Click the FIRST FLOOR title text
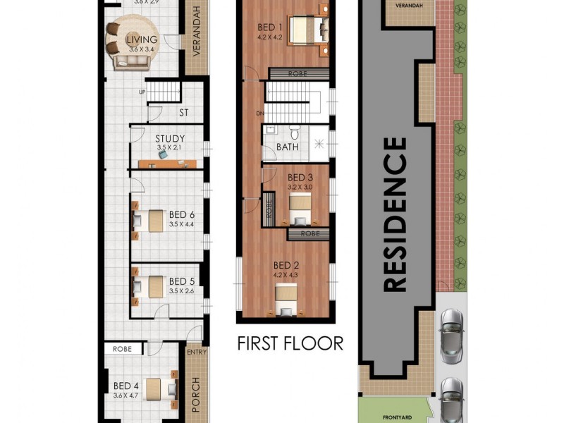(x=290, y=343)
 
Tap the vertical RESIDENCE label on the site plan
(x=396, y=214)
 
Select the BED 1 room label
(x=270, y=28)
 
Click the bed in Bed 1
(x=309, y=30)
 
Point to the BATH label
(x=287, y=147)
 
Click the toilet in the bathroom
(x=295, y=132)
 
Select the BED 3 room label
(x=300, y=177)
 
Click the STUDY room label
(x=170, y=139)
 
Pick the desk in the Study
(x=167, y=164)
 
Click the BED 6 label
(x=181, y=214)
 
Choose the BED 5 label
(x=181, y=281)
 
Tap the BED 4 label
(x=126, y=386)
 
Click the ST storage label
(x=184, y=112)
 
